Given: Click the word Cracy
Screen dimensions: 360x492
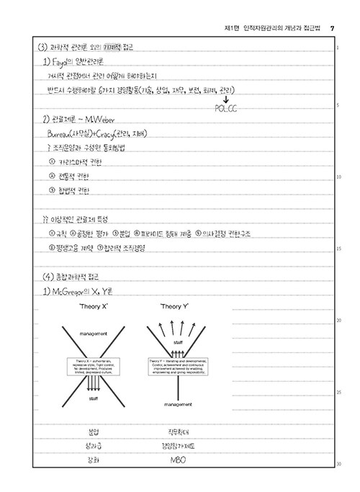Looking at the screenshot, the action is click(x=107, y=133).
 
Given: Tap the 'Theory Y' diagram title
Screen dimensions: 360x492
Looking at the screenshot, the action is click(x=174, y=307).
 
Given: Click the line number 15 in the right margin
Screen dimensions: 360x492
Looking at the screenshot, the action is click(x=338, y=249).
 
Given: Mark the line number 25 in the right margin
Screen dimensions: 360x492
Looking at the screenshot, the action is click(x=338, y=392).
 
